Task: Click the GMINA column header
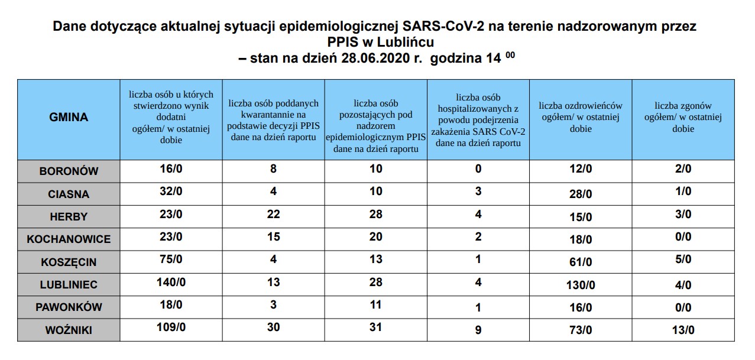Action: [x=69, y=117]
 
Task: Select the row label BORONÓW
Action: [x=69, y=171]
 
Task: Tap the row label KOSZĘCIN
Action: [x=69, y=262]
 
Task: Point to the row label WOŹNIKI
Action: [x=69, y=330]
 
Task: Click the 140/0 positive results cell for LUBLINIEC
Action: [x=171, y=283]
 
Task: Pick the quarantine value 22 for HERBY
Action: [x=273, y=214]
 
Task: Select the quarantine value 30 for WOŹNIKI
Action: [x=273, y=327]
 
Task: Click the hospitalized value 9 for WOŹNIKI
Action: [x=478, y=330]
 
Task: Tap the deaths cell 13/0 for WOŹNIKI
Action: [x=683, y=330]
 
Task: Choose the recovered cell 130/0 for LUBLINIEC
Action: [x=580, y=286]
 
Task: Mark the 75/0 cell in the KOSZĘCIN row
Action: [x=171, y=260]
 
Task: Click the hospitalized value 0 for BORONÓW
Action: [x=478, y=169]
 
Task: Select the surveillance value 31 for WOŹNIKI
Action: [x=375, y=327]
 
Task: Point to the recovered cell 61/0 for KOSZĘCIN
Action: [x=580, y=262]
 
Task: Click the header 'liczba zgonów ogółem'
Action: [x=683, y=117]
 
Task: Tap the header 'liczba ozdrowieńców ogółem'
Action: [x=580, y=117]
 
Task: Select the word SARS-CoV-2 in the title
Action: [x=433, y=27]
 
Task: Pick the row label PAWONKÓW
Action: [x=69, y=307]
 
